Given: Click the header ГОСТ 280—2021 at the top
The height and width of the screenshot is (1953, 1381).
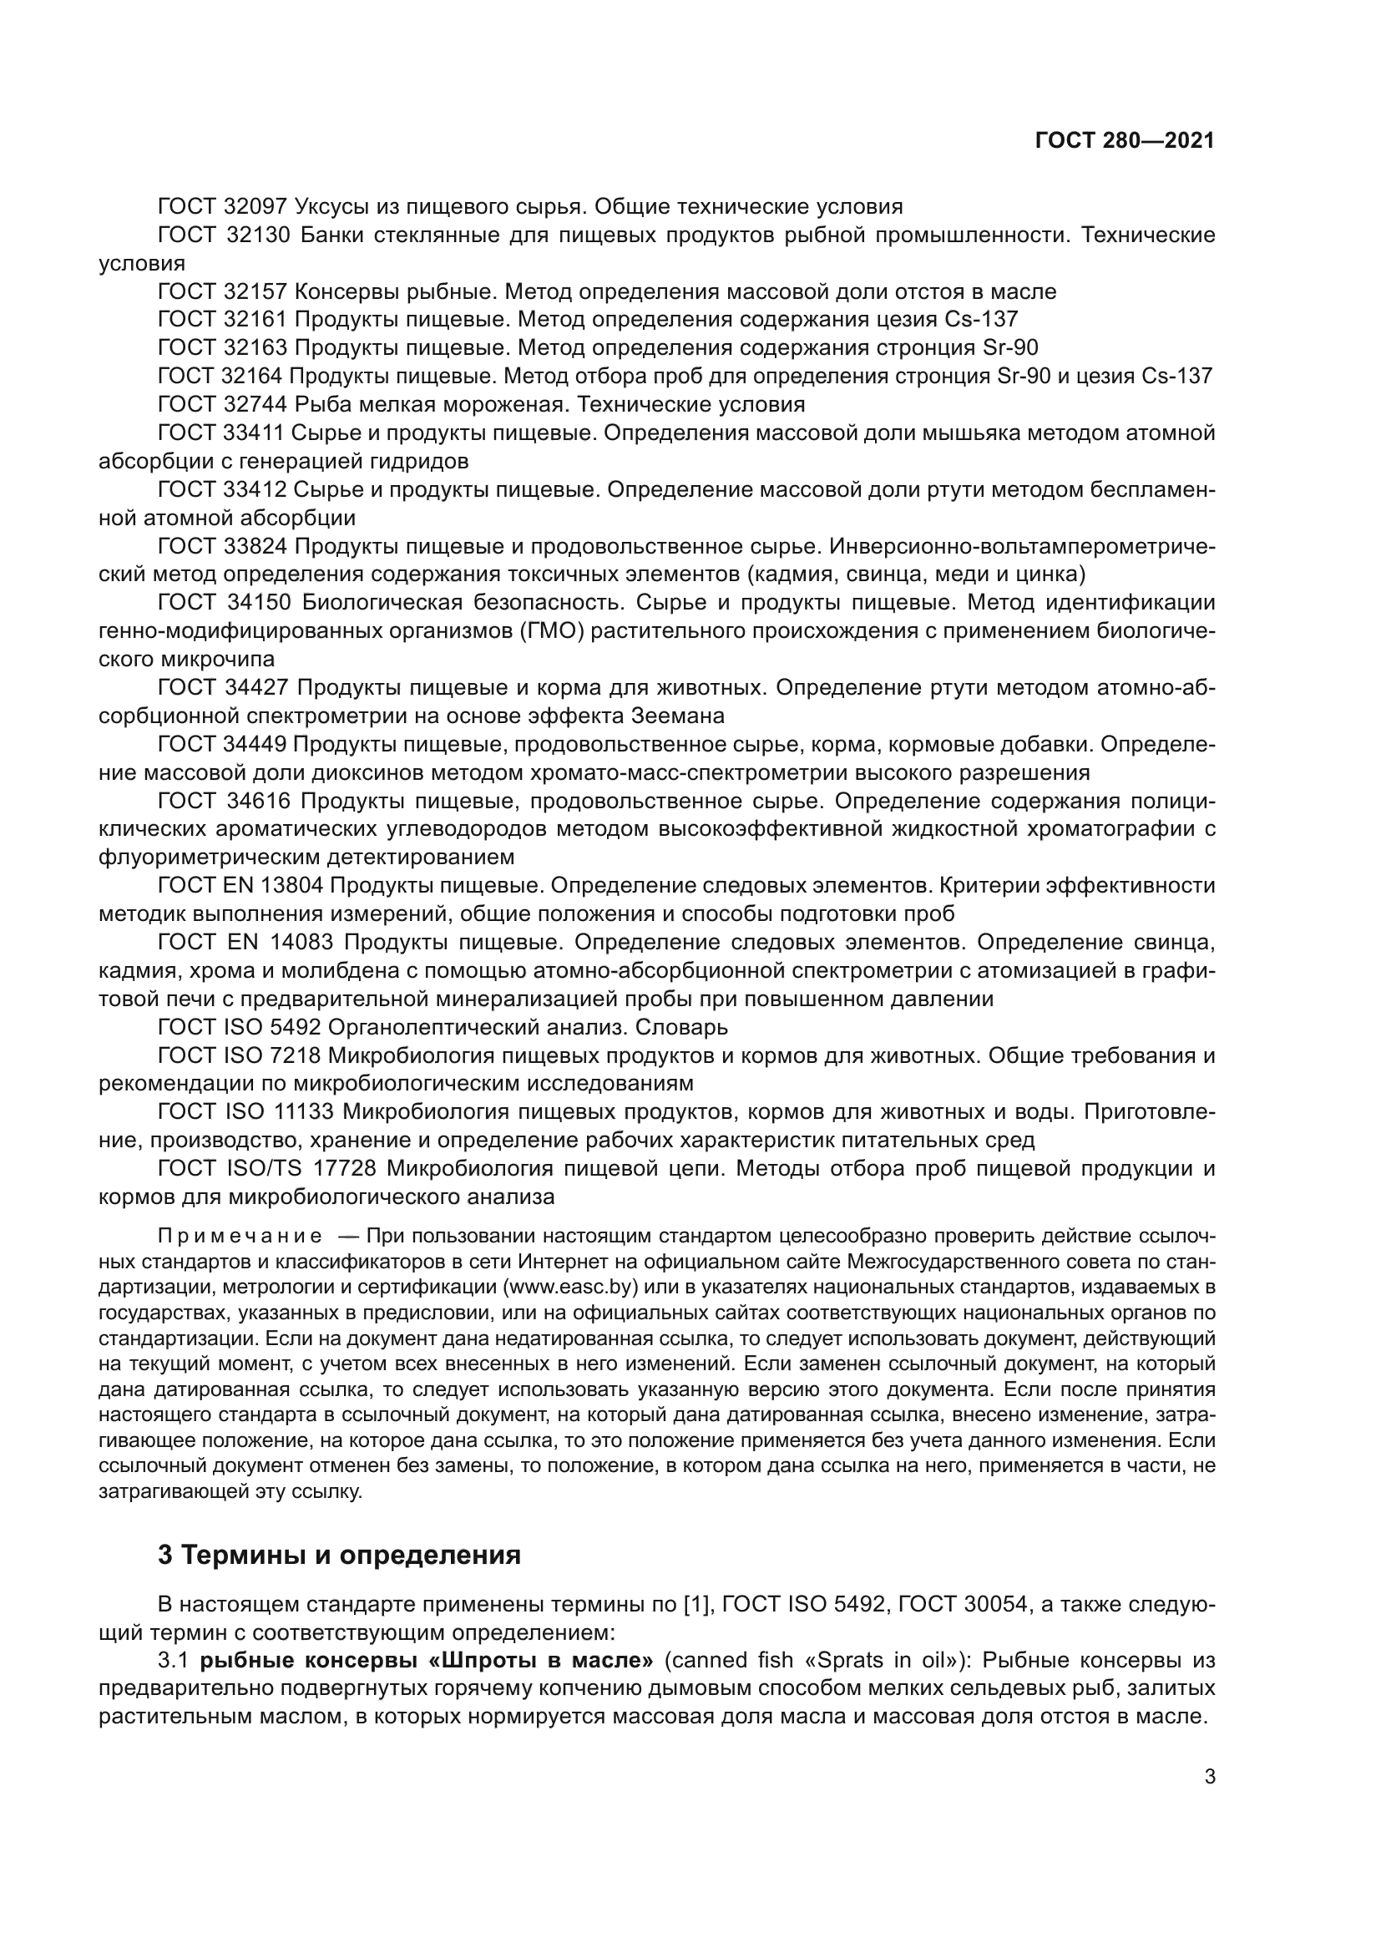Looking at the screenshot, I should [x=1124, y=141].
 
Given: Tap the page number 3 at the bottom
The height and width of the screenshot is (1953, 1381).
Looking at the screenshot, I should [x=1210, y=1776].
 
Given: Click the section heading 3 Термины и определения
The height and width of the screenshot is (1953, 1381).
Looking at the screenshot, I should [x=339, y=1554].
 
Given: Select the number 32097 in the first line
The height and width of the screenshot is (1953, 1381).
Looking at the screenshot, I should [x=255, y=207].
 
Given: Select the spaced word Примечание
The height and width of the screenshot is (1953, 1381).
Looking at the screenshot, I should [x=240, y=1235].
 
